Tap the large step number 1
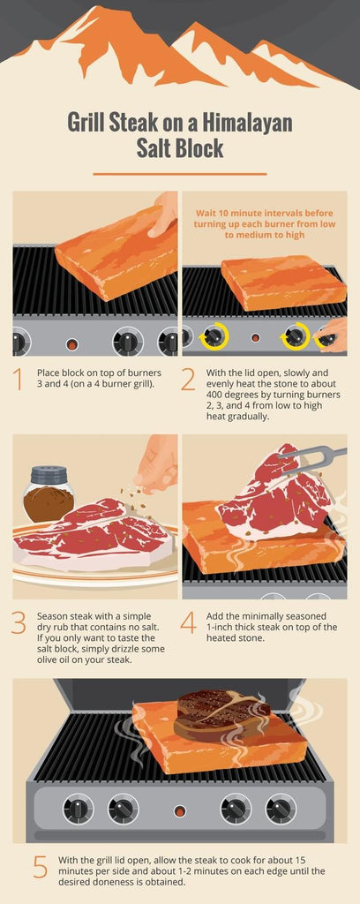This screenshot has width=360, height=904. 18,379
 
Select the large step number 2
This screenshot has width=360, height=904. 188,379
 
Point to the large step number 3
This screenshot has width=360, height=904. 18,621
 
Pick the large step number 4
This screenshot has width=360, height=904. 188,621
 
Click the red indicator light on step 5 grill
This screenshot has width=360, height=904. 180,810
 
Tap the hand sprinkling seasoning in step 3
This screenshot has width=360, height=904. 159,463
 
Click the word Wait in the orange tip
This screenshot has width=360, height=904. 208,212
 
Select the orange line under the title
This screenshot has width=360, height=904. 179,174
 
